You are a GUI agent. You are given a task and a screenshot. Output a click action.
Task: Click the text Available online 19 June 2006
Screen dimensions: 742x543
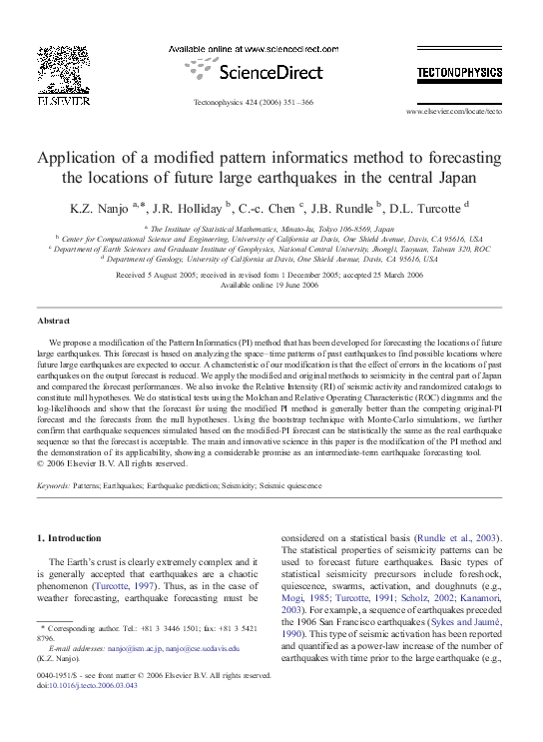coord(271,285)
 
